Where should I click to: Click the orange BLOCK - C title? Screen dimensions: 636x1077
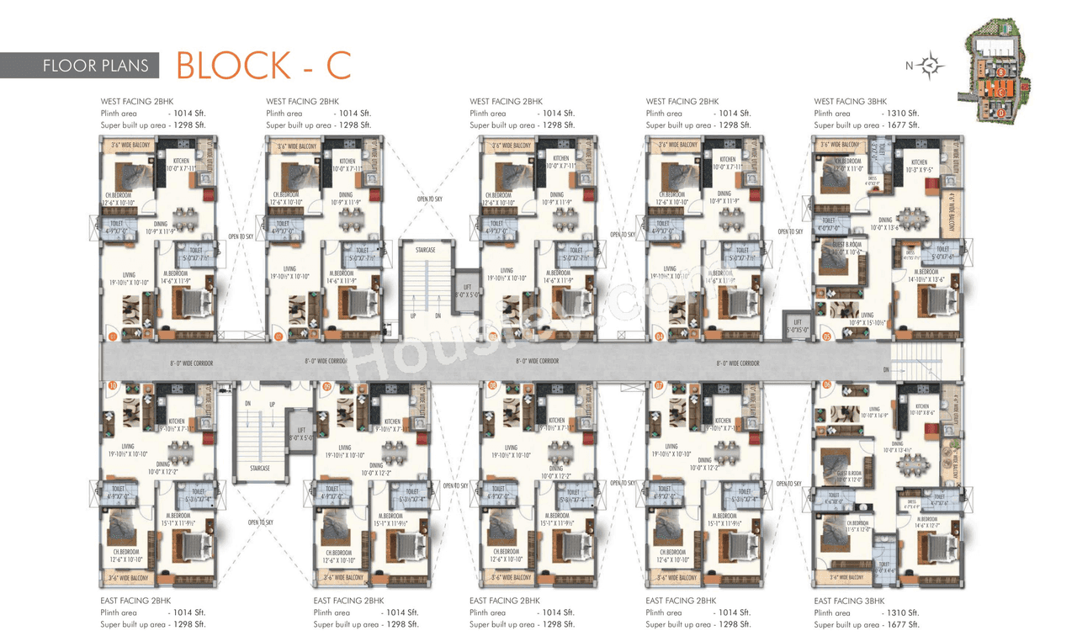[263, 65]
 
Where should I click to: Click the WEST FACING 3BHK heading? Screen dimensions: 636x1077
[851, 102]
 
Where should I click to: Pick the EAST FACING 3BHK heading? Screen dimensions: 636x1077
[849, 602]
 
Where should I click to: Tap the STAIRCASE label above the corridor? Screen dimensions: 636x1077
[426, 250]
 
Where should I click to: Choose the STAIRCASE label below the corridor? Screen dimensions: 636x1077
[260, 468]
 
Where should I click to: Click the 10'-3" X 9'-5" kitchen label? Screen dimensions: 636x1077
[920, 167]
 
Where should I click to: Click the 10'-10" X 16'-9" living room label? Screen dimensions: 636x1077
[875, 412]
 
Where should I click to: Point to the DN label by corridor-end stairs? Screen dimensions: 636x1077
[886, 369]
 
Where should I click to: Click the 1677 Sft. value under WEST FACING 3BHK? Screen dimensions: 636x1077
[902, 125]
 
